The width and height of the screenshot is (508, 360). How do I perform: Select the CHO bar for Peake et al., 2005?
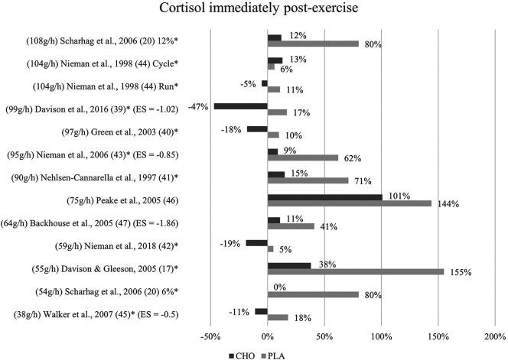coord(324,197)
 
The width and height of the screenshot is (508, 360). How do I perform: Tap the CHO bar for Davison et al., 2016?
coord(240,106)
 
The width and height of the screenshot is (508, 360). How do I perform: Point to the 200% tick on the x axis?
coord(494,334)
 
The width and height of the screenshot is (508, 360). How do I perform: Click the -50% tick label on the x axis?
coord(210,334)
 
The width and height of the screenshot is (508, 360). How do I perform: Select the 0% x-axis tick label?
coord(267,334)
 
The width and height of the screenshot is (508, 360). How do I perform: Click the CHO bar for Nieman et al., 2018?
coord(256,242)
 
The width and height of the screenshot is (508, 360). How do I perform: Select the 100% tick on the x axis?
coord(381,334)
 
